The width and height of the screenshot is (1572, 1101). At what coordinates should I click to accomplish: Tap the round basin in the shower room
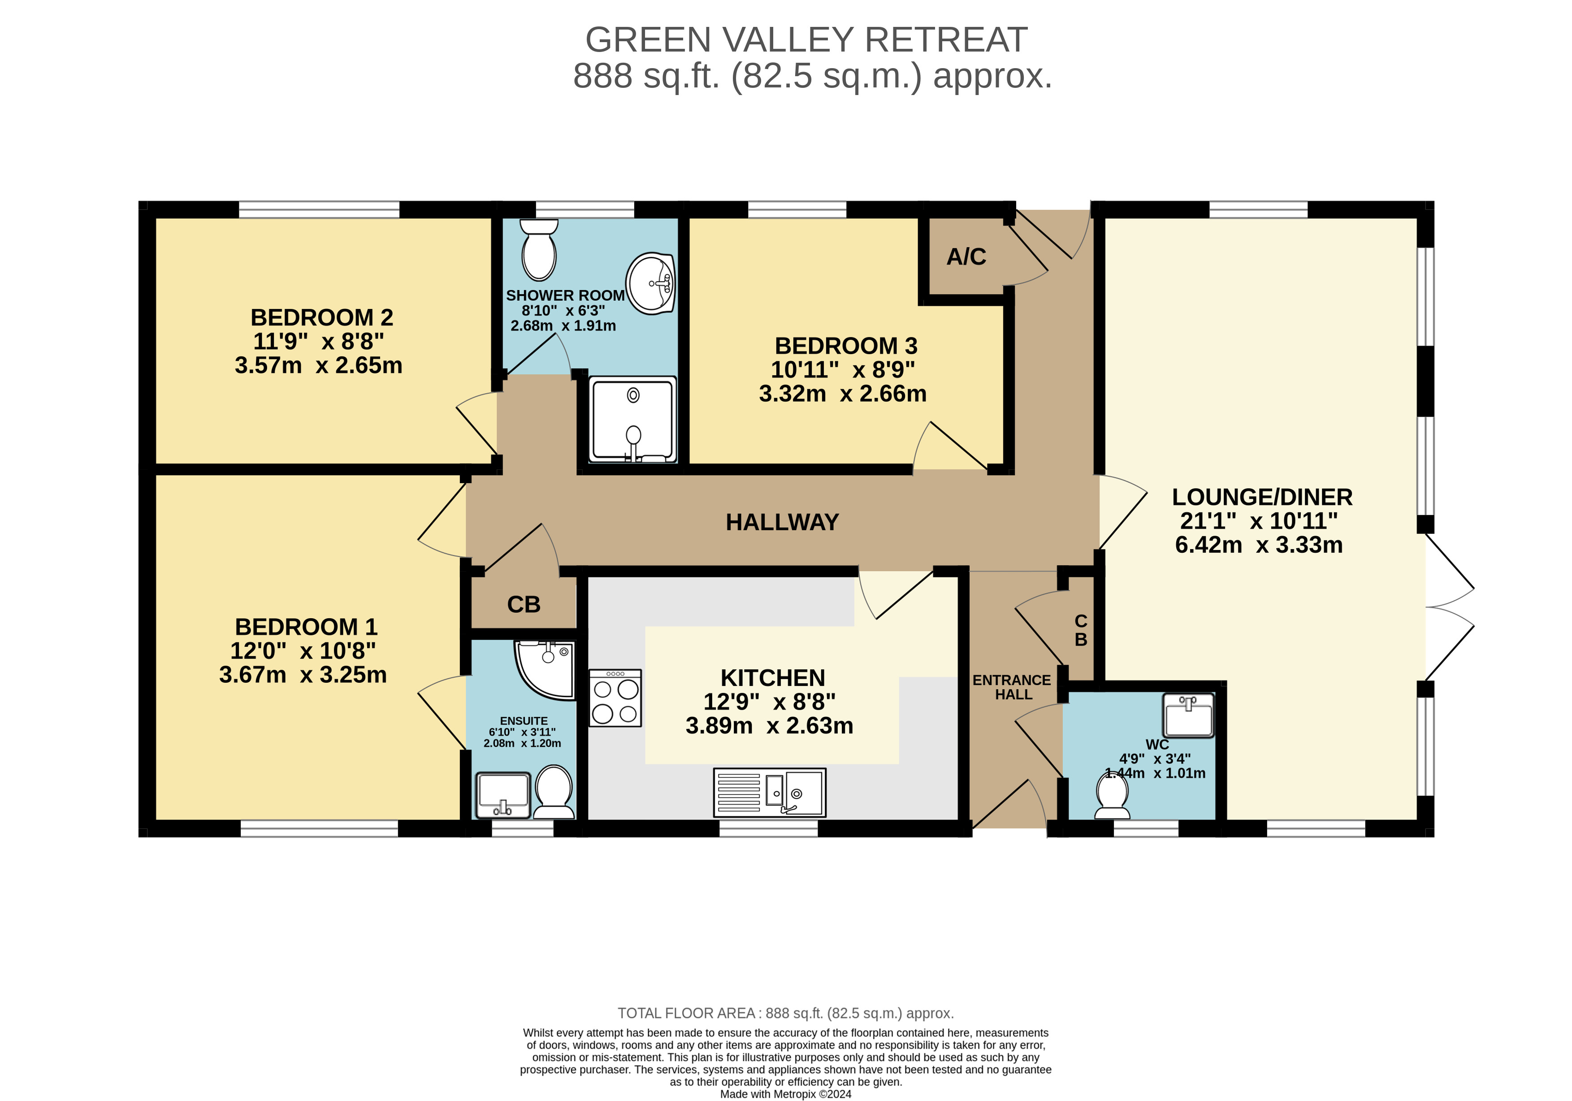(652, 283)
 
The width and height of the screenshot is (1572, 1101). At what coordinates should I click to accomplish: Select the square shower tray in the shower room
(633, 419)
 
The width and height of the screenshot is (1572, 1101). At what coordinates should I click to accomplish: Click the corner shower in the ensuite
(546, 670)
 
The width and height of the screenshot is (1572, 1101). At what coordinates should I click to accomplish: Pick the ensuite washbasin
(503, 795)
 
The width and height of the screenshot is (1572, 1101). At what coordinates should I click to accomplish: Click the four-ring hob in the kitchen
(615, 698)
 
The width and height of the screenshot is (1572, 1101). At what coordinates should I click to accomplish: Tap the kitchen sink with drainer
(770, 792)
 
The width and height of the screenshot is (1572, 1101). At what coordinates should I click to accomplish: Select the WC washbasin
(1189, 715)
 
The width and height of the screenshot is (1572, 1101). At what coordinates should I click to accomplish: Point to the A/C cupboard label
(966, 257)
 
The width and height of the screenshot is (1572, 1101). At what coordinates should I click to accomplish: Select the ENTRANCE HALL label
(1012, 687)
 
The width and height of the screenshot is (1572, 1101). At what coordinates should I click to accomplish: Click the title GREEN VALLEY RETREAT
(806, 40)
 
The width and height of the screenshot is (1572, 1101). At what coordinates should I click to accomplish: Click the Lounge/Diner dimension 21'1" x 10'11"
(1258, 521)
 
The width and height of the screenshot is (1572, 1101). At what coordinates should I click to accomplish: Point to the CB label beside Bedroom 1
(524, 605)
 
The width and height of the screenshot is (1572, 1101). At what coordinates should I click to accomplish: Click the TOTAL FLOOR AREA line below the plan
(785, 1013)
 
